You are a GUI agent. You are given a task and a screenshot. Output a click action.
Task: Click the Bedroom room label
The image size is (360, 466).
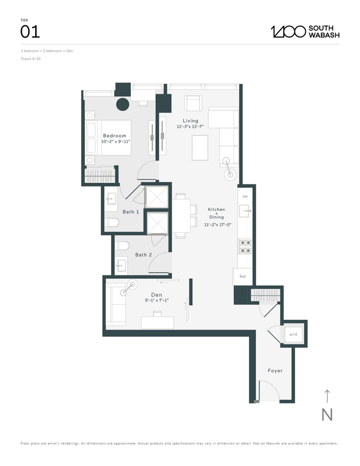point(115,136)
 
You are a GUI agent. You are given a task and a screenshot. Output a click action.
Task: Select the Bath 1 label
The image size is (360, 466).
point(130,212)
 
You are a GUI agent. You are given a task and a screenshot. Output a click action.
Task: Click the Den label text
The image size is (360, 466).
point(156,295)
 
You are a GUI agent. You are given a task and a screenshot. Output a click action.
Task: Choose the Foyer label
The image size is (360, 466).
point(275,370)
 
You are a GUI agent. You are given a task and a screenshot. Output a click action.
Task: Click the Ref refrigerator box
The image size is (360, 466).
point(242,277)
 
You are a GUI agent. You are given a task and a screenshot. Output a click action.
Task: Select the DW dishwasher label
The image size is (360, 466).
point(245,196)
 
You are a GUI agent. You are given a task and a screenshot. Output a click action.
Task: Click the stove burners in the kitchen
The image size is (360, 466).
point(245,246)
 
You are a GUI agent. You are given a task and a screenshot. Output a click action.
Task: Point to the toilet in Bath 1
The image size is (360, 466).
point(113,223)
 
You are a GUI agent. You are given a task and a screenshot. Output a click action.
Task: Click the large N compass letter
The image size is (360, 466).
point(327,414)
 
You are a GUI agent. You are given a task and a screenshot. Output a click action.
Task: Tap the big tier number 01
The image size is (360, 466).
point(30,32)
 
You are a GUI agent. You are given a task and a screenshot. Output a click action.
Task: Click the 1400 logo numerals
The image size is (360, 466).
point(288,31)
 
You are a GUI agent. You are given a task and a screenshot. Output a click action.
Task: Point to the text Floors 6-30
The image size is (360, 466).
point(30,59)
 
